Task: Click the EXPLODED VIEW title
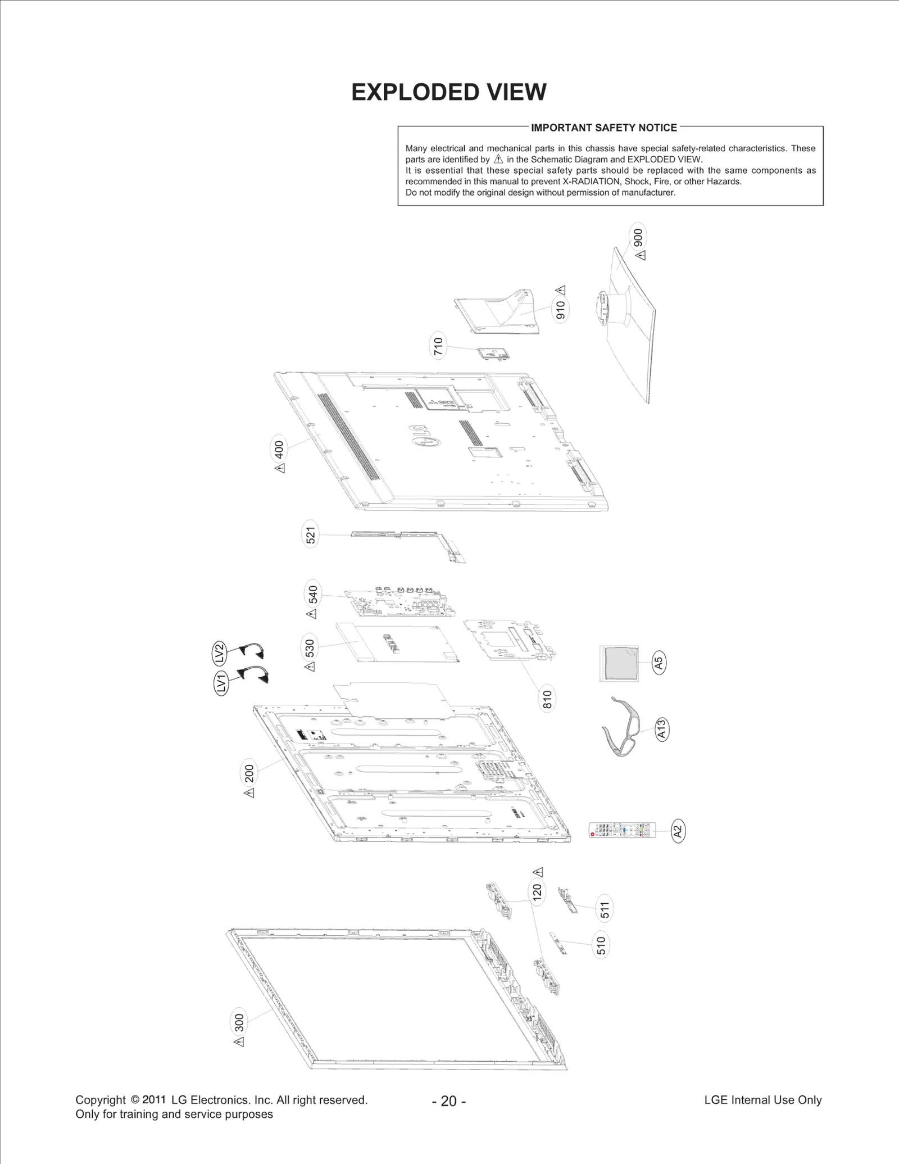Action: coord(448,92)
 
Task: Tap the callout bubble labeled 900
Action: coord(638,237)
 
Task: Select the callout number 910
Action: coord(560,309)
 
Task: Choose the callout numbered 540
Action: coord(313,594)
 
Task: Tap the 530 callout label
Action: coord(310,647)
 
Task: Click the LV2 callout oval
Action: coord(220,654)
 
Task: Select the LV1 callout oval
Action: coord(223,682)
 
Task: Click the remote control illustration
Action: coord(622,830)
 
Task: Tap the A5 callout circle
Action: coord(659,663)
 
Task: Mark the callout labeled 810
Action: coord(547,699)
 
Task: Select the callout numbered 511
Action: coord(605,909)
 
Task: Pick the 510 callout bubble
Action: coord(601,945)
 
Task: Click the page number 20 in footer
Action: coord(448,1100)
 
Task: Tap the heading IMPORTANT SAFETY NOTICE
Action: coord(604,128)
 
